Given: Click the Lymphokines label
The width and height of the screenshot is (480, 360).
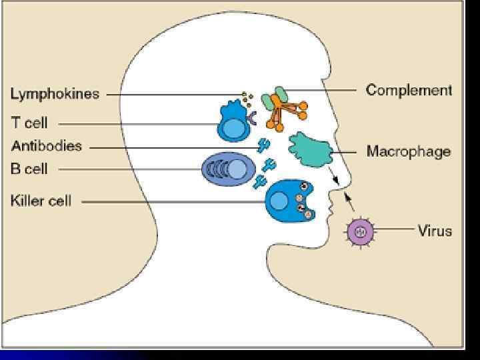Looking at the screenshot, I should tap(55, 94).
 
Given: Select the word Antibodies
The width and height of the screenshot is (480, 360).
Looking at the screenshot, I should tap(46, 146).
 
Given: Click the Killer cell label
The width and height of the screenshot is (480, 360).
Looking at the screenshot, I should tap(41, 201).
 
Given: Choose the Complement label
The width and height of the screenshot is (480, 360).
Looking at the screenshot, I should tap(409, 90).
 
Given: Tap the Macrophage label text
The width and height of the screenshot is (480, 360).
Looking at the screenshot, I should tap(408, 151).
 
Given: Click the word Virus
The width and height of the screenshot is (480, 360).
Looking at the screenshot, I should tap(435, 231).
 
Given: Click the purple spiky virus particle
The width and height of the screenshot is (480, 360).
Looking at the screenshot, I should tap(360, 231).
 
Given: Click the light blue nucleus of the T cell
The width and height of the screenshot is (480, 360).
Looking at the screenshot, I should tap(234, 129).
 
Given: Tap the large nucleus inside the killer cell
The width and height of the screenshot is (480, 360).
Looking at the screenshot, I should tap(279, 200).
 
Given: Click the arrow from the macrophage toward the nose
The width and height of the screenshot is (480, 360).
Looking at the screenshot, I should tap(333, 177).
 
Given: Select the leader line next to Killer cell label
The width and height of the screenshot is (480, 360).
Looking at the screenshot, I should tap(173, 201).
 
